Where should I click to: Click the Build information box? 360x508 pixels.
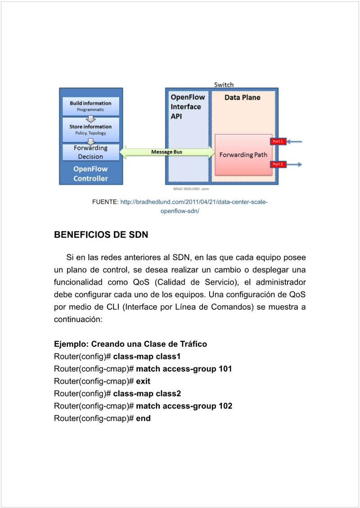pyautogui.click(x=90, y=106)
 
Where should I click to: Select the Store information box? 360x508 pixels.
pyautogui.click(x=90, y=129)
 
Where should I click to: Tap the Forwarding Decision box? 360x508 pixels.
pyautogui.click(x=90, y=152)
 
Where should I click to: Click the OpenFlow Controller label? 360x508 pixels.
pyautogui.click(x=90, y=174)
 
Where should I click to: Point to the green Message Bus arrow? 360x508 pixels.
pyautogui.click(x=166, y=152)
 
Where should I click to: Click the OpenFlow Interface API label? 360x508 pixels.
pyautogui.click(x=187, y=107)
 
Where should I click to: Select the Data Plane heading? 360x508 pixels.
pyautogui.click(x=242, y=97)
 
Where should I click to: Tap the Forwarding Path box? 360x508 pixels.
pyautogui.click(x=243, y=155)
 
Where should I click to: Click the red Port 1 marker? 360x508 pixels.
pyautogui.click(x=278, y=141)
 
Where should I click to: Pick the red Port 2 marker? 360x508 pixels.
pyautogui.click(x=278, y=164)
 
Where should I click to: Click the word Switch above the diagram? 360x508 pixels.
pyautogui.click(x=224, y=85)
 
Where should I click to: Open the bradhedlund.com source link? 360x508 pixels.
pyautogui.click(x=193, y=202)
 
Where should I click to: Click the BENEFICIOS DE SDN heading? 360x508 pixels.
pyautogui.click(x=101, y=235)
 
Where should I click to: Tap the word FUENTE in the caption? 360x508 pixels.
pyautogui.click(x=105, y=202)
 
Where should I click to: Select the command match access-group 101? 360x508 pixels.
pyautogui.click(x=184, y=369)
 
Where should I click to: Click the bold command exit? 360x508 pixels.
pyautogui.click(x=143, y=381)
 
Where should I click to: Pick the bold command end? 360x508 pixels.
pyautogui.click(x=143, y=418)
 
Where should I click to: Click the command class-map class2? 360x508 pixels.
pyautogui.click(x=147, y=394)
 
